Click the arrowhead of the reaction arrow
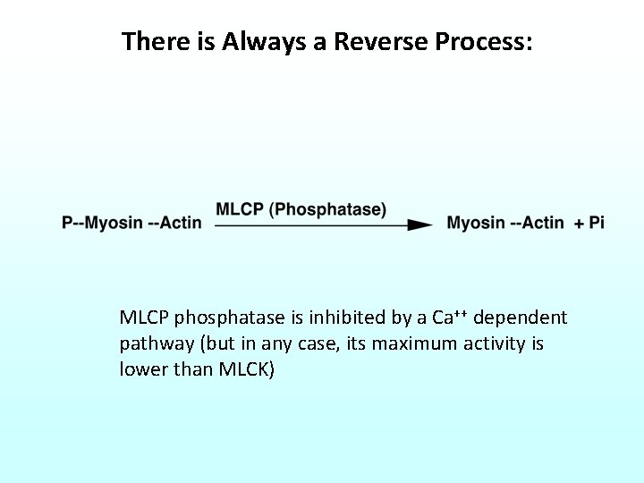[419, 225]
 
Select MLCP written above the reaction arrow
[240, 209]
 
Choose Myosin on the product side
[475, 223]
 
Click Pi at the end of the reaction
[597, 223]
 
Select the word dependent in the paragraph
[521, 318]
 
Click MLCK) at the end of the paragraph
[247, 369]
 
